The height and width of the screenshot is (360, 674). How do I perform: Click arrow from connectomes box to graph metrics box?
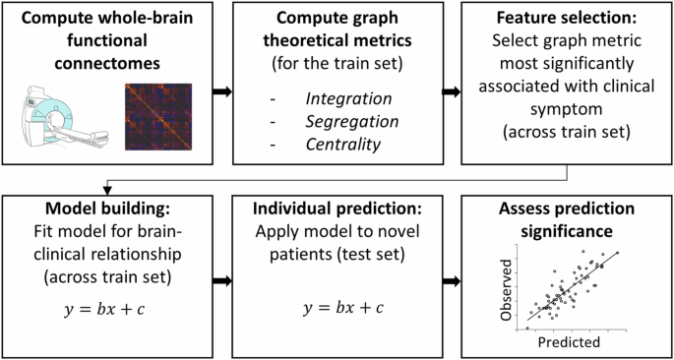tap(224, 91)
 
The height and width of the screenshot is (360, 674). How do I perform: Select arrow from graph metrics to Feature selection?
tap(454, 91)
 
